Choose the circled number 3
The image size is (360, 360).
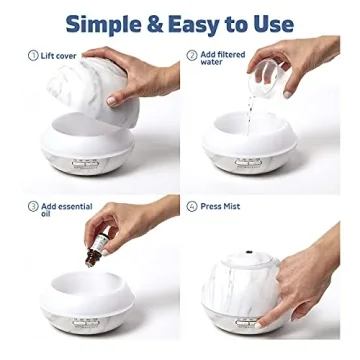tap(33, 207)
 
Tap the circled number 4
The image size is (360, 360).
tap(191, 207)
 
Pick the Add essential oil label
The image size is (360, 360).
tap(67, 211)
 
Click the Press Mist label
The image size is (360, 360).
tap(221, 207)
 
